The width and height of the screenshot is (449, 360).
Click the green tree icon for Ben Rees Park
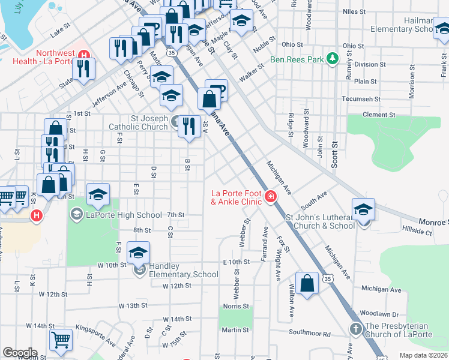tap(331, 59)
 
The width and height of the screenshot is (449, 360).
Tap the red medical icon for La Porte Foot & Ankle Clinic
tap(271, 197)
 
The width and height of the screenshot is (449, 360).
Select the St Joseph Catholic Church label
tap(137, 122)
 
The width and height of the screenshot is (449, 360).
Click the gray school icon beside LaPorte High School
tap(77, 214)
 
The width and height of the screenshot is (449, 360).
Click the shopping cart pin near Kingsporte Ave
tap(61, 340)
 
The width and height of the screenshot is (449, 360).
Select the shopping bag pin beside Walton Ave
tap(307, 283)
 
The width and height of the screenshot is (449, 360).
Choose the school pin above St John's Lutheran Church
tap(363, 210)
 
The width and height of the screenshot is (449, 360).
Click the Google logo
tap(20, 353)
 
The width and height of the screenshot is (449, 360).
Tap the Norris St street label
tap(236, 305)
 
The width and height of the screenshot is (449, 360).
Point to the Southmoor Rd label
tap(310, 333)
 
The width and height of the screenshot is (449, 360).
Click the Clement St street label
tap(379, 114)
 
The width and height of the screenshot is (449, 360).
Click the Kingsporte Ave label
tap(96, 338)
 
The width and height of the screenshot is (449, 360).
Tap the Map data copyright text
tap(423, 355)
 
